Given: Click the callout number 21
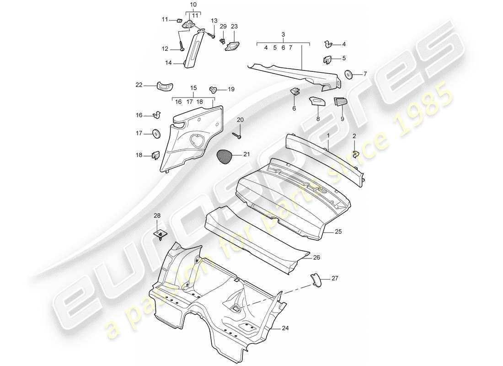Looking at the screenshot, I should click(x=247, y=155).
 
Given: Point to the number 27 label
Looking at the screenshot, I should click(x=335, y=278).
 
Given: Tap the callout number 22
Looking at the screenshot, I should click(x=139, y=84).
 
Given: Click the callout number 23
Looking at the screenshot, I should click(x=234, y=27).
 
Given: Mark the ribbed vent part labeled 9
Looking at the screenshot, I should click(x=340, y=102).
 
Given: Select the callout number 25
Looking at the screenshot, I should click(x=338, y=232).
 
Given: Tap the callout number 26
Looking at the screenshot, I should click(x=316, y=258).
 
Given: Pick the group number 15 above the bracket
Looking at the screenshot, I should click(x=193, y=87).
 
